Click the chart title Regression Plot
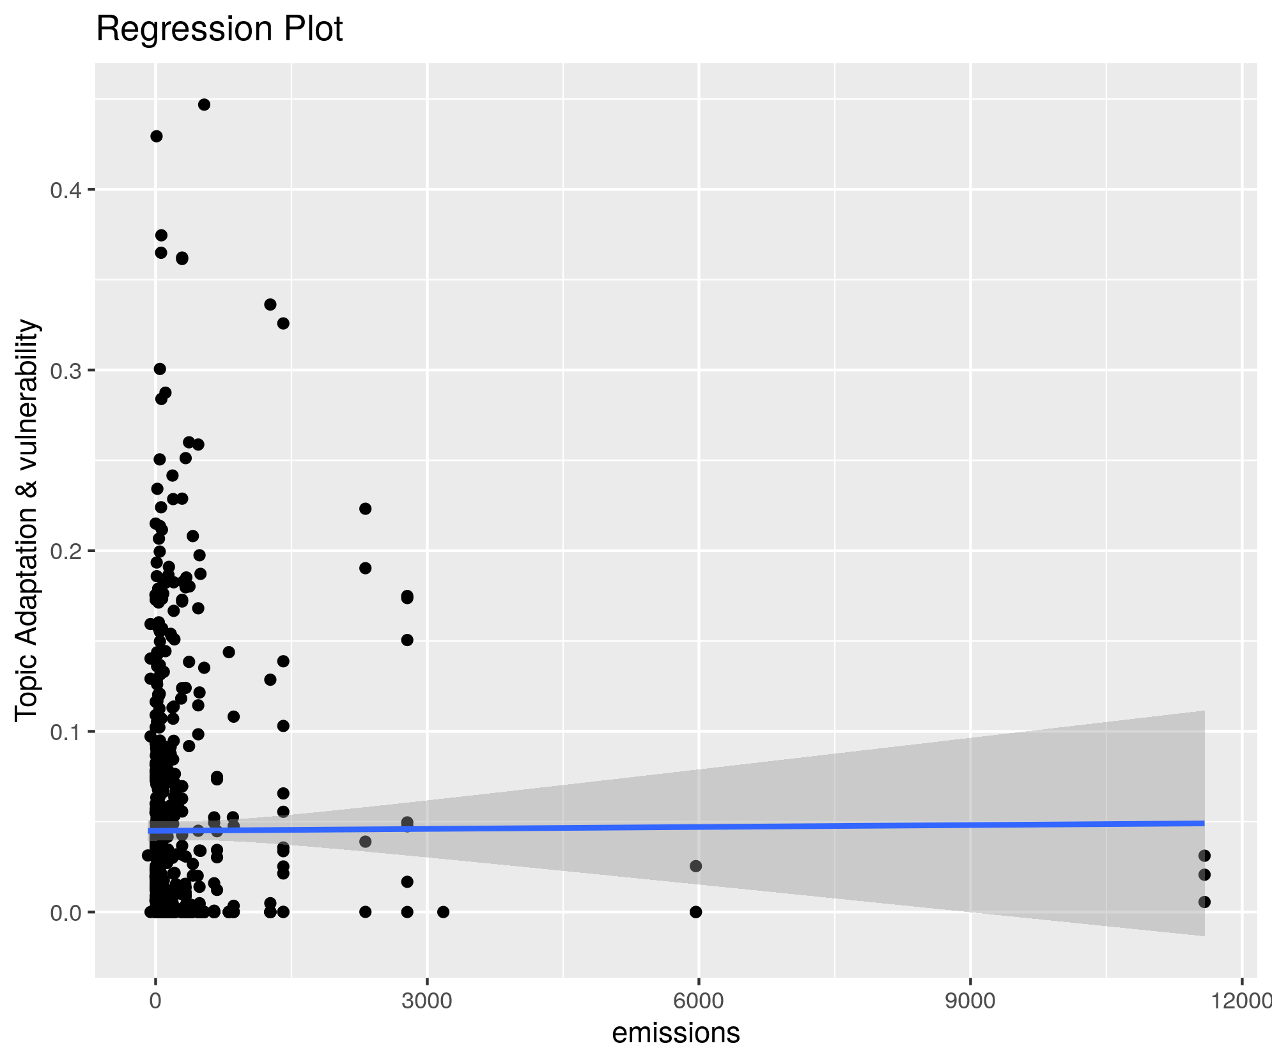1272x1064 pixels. tap(219, 29)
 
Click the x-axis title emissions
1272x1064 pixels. tap(676, 1033)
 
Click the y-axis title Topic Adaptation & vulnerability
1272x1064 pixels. tap(27, 521)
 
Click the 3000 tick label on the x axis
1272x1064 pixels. tap(427, 1001)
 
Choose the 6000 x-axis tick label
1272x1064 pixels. tap(699, 1001)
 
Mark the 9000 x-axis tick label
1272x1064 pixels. tap(970, 1001)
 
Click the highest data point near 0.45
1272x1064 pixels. tap(204, 105)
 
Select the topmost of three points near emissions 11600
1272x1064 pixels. tap(1204, 856)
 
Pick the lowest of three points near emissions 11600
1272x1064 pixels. tap(1204, 902)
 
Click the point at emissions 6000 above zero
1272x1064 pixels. tap(695, 866)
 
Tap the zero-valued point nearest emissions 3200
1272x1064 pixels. tap(443, 912)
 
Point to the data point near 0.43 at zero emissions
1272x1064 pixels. tap(156, 136)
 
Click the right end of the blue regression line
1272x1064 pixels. tap(1203, 823)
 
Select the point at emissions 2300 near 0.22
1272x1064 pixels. tap(365, 509)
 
